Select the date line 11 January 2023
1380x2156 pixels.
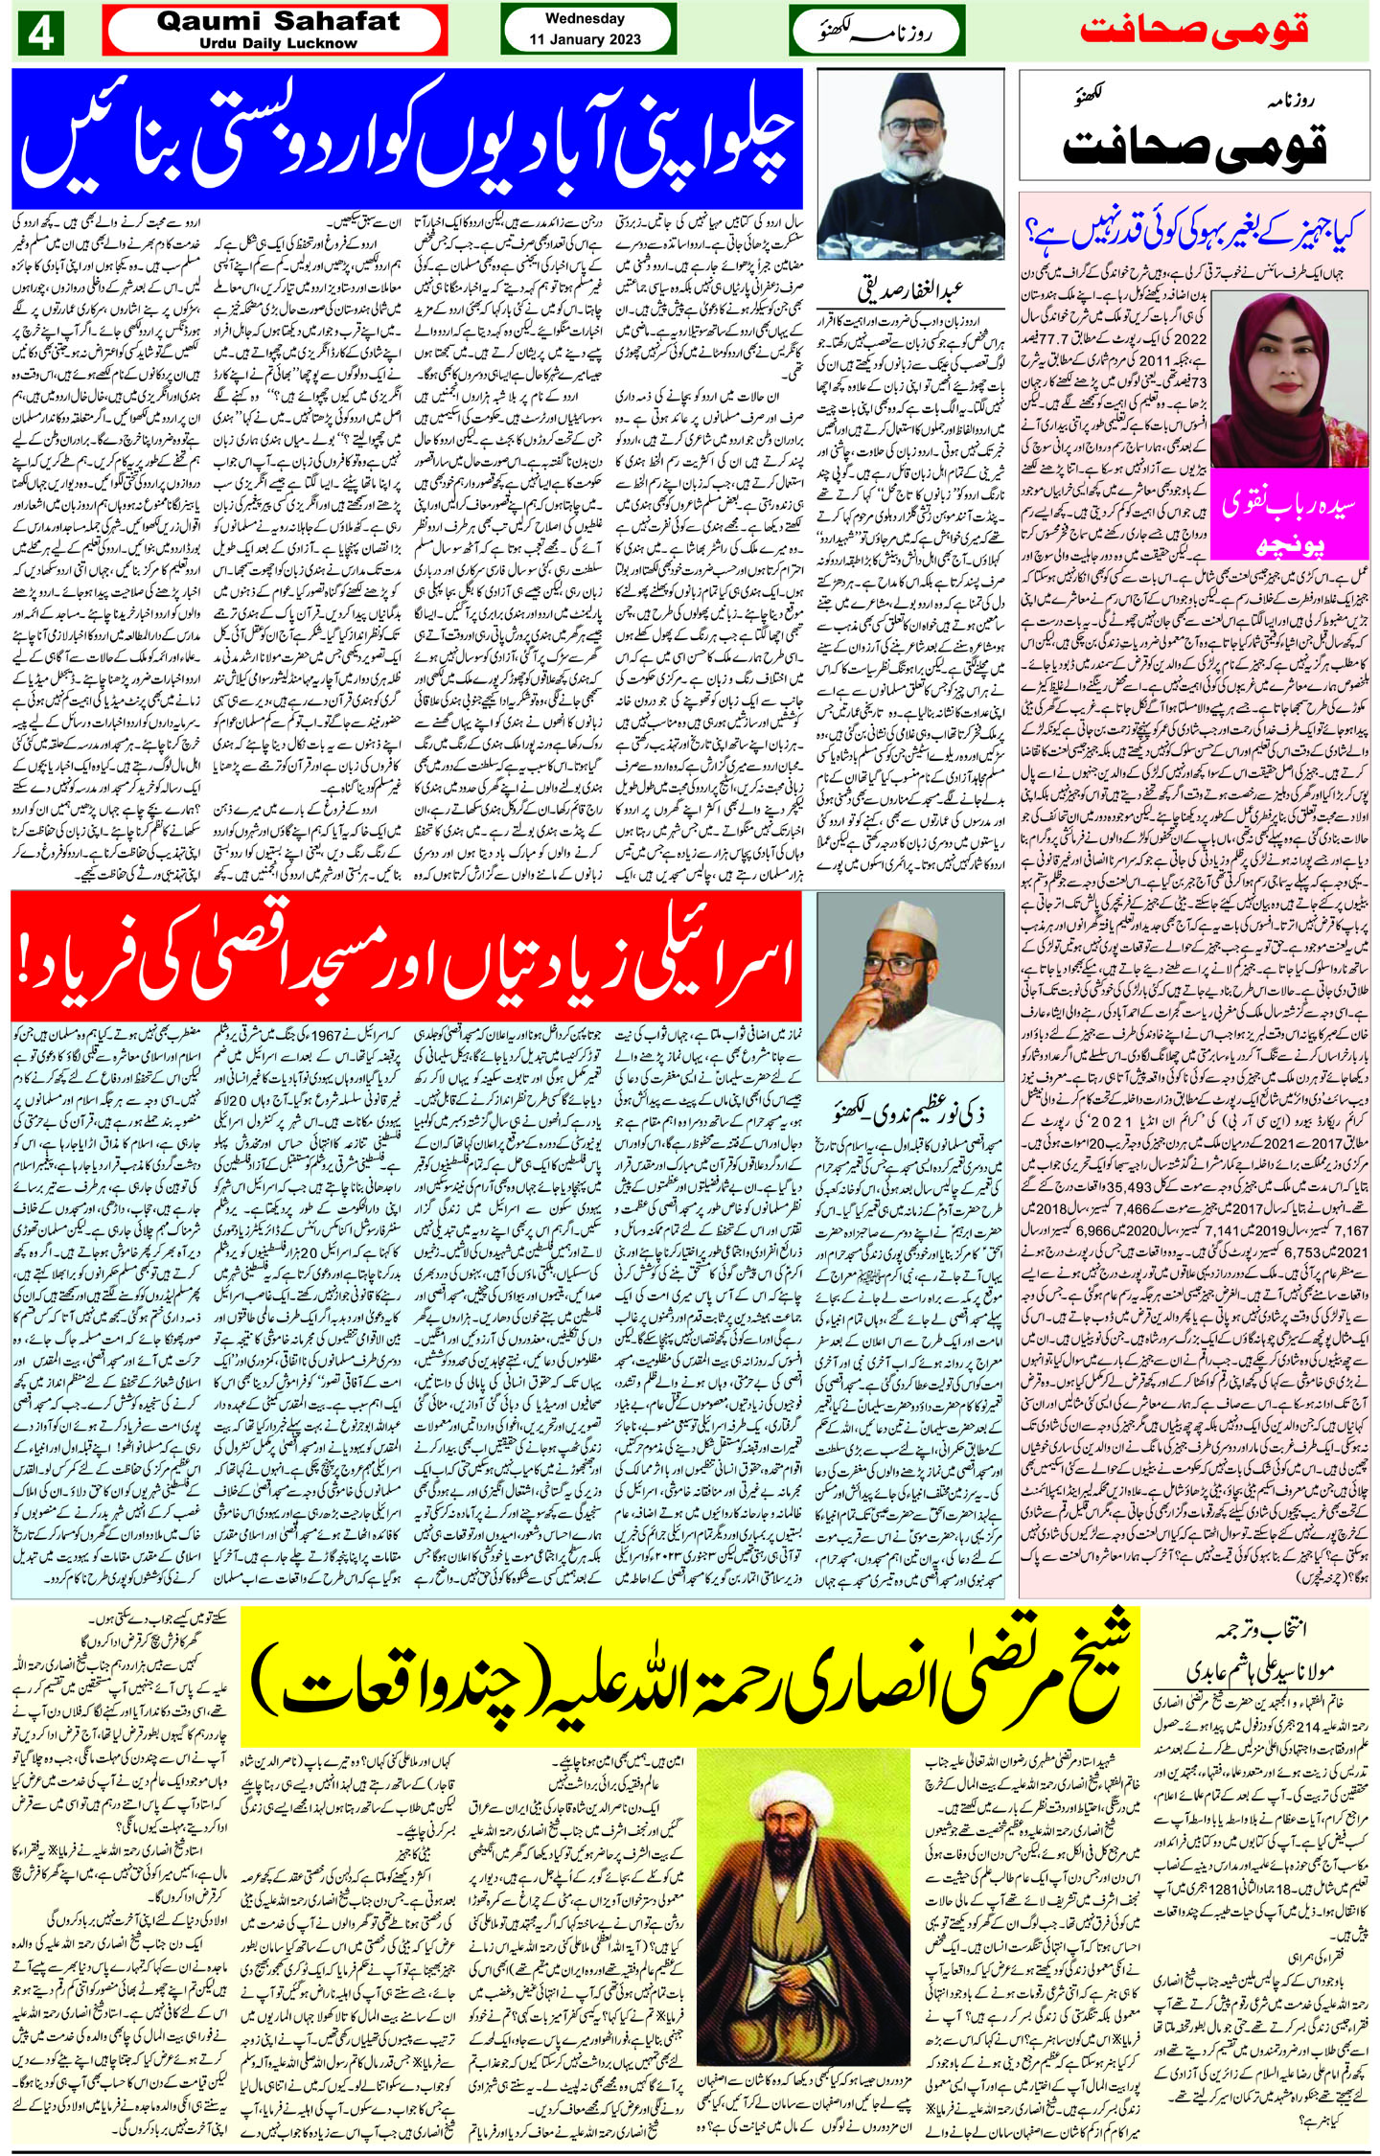pos(584,40)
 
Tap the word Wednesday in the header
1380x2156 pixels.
pos(584,18)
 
